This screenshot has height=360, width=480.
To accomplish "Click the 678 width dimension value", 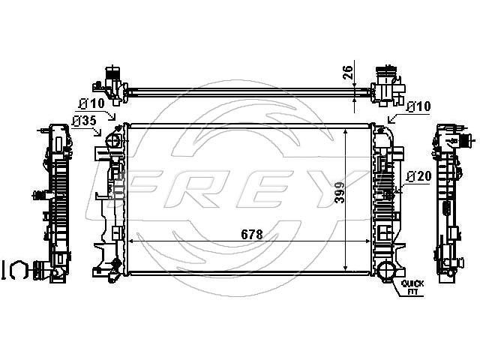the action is pyautogui.click(x=252, y=235).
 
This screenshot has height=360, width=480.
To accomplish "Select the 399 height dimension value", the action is pyautogui.click(x=339, y=193).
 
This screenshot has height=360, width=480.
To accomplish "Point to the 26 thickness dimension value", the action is pyautogui.click(x=348, y=73).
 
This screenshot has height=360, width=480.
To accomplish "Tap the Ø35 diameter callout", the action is pyautogui.click(x=84, y=121).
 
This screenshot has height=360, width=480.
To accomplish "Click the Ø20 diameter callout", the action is pyautogui.click(x=419, y=176).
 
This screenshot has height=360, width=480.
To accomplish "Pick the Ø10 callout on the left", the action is pyautogui.click(x=91, y=103).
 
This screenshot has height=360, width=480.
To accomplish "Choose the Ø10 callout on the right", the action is pyautogui.click(x=419, y=106).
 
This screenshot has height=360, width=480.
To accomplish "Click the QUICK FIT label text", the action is pyautogui.click(x=412, y=287).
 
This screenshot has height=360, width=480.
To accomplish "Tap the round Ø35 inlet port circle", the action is pyautogui.click(x=113, y=141).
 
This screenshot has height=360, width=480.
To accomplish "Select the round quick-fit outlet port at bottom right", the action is pyautogui.click(x=386, y=271).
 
